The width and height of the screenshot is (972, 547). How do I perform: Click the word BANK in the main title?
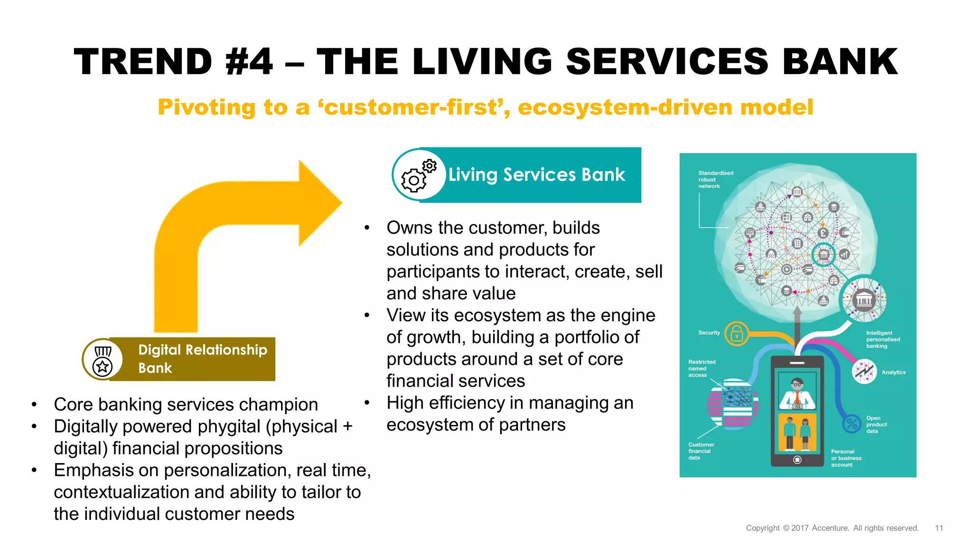(x=840, y=62)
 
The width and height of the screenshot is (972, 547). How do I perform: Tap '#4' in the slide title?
(x=249, y=62)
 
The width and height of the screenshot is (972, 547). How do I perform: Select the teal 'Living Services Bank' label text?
(x=536, y=175)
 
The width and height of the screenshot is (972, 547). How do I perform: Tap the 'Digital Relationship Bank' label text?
(x=203, y=359)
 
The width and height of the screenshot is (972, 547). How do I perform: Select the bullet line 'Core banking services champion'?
(x=186, y=405)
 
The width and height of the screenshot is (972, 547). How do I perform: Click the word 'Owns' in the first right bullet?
(x=409, y=228)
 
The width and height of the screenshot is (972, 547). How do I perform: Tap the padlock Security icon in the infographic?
(x=736, y=334)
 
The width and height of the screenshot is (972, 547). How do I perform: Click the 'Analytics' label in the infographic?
(x=893, y=372)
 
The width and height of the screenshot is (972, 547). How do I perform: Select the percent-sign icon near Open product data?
(x=851, y=423)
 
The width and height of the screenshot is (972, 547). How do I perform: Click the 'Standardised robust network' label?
(x=715, y=180)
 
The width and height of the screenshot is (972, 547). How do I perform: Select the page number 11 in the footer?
(x=939, y=528)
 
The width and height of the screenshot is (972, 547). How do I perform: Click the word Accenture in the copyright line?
(x=830, y=528)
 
